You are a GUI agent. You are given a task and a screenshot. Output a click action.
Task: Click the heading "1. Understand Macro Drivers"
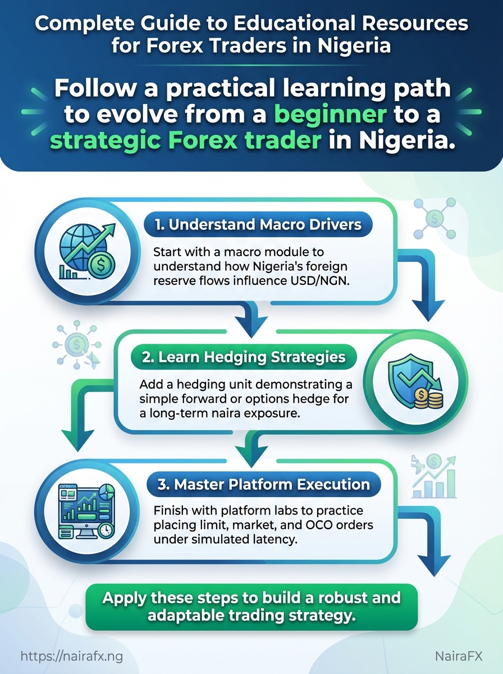[x=258, y=225]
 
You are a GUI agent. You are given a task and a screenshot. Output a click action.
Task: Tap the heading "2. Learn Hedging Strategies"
[x=244, y=357]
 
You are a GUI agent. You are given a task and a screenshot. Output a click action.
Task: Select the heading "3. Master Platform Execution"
[x=264, y=484]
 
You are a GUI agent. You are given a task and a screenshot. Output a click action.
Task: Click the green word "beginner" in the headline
[x=330, y=114]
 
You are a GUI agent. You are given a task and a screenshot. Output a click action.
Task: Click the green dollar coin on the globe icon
[x=101, y=264]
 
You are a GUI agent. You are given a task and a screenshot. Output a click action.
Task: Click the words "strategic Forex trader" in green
[x=186, y=140]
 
